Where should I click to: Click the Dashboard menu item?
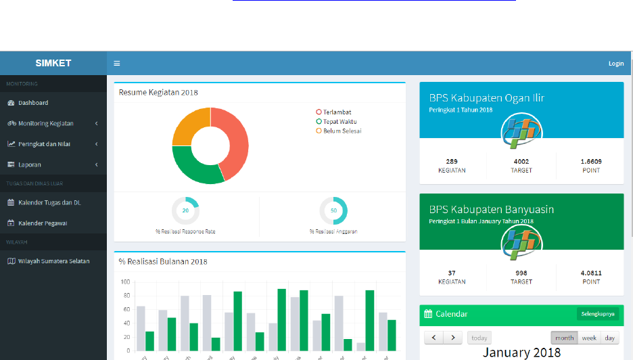pyautogui.click(x=32, y=103)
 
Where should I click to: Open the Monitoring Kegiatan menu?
pyautogui.click(x=45, y=123)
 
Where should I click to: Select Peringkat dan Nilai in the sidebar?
pyautogui.click(x=44, y=144)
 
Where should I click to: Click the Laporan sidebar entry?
pyautogui.click(x=29, y=164)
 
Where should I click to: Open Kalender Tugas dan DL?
pyautogui.click(x=49, y=202)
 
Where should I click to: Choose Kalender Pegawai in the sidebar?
pyautogui.click(x=42, y=223)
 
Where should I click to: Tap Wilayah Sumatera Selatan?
pyautogui.click(x=53, y=261)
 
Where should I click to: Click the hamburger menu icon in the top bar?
pyautogui.click(x=116, y=64)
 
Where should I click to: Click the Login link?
pyautogui.click(x=615, y=64)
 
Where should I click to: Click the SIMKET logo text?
pyautogui.click(x=53, y=64)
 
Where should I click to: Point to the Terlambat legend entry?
pyautogui.click(x=337, y=112)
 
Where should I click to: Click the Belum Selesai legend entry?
pyautogui.click(x=342, y=131)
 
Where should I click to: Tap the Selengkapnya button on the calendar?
pyautogui.click(x=598, y=314)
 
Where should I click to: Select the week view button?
pyautogui.click(x=588, y=338)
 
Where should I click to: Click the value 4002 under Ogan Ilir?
pyautogui.click(x=521, y=162)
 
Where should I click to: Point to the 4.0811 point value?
pyautogui.click(x=590, y=273)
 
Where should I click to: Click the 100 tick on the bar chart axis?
pyautogui.click(x=125, y=282)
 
